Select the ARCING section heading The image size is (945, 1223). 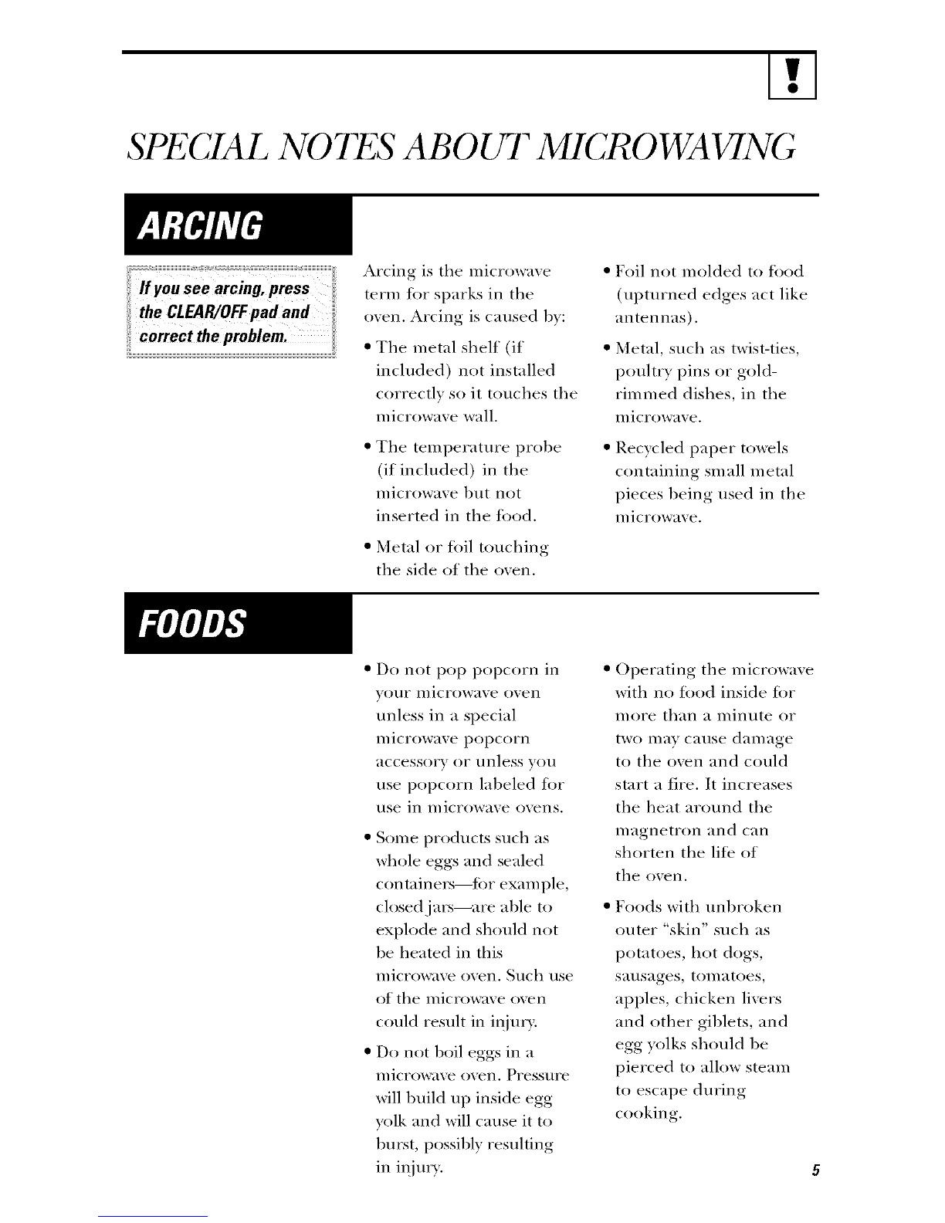[x=200, y=225]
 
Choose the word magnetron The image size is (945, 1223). [x=663, y=831]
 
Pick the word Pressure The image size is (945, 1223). [x=539, y=1075]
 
